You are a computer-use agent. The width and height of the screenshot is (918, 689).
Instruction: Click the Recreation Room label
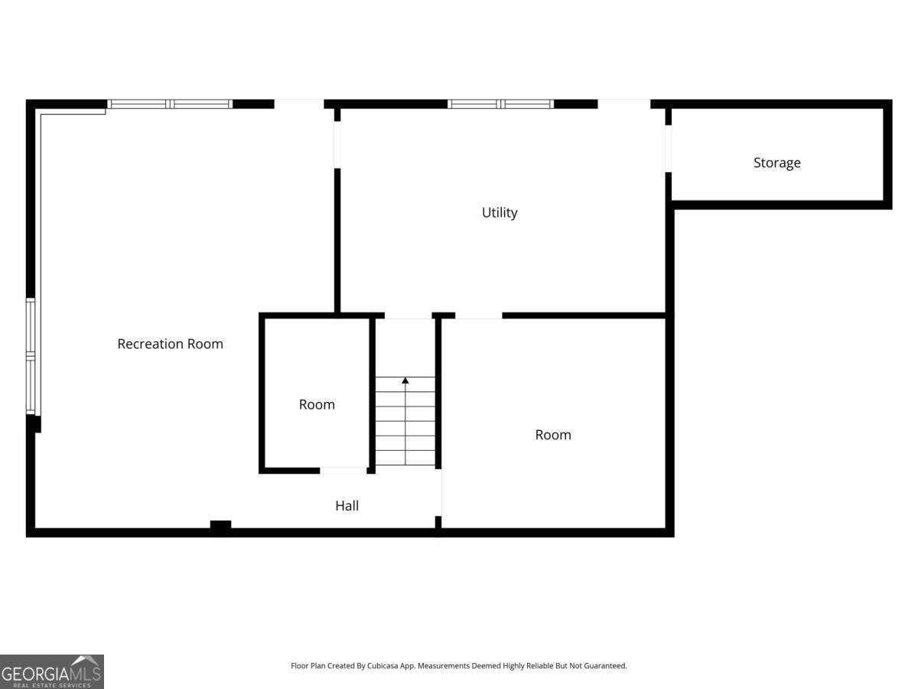[170, 344]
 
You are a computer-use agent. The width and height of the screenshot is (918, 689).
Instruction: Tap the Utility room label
[499, 212]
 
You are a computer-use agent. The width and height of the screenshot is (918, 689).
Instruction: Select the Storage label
[776, 162]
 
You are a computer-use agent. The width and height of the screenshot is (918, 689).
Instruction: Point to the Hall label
[347, 505]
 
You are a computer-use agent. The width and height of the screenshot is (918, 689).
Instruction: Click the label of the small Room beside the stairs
[317, 404]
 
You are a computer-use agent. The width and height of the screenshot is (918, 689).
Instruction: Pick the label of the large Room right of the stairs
[552, 434]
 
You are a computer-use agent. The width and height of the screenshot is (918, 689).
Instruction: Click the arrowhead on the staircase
[405, 380]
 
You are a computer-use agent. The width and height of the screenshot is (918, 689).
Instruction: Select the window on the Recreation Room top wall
[170, 104]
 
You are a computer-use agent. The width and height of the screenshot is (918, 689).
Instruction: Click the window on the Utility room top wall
[500, 104]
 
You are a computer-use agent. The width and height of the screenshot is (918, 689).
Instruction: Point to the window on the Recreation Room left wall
[31, 356]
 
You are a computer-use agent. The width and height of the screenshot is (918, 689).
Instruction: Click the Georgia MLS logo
[51, 671]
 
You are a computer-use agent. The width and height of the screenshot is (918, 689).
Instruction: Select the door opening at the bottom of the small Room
[343, 470]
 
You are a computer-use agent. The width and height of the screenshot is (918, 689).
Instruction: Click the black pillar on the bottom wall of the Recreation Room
[220, 526]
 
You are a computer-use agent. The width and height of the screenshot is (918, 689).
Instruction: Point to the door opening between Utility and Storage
[668, 148]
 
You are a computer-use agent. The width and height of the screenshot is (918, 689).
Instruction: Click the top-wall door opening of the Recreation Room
[298, 103]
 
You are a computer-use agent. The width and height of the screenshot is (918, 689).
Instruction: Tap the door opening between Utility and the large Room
[478, 315]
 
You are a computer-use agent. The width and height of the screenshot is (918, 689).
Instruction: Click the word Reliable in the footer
[539, 666]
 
